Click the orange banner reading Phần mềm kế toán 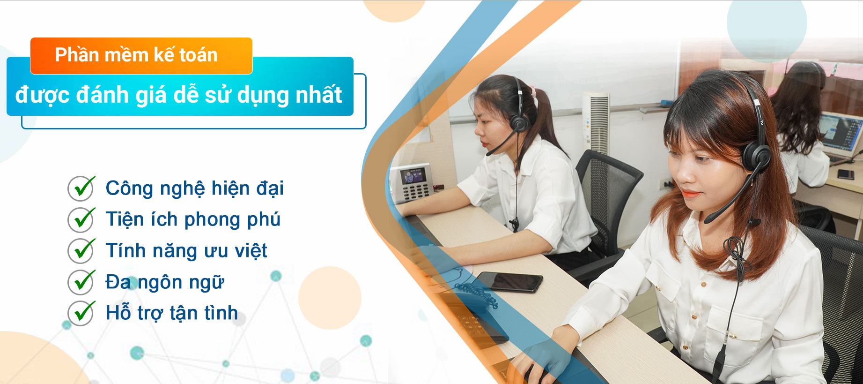141,56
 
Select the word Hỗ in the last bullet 118,313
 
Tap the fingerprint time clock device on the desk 412,182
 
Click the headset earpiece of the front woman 755,157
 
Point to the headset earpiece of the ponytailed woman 519,123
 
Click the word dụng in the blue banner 263,95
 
